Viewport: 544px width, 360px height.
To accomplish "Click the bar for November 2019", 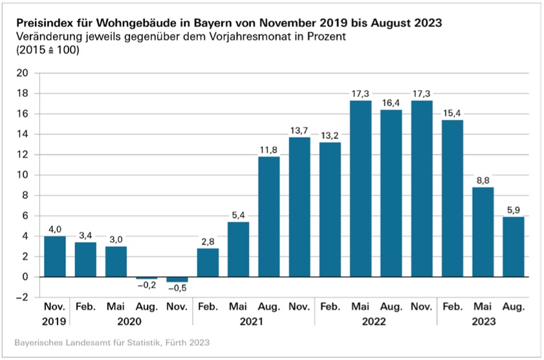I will pos(54,256).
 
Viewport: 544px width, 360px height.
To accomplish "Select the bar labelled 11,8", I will pos(269,217).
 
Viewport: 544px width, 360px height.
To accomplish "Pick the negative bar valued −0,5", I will pos(177,279).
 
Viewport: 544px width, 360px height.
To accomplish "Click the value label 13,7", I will pos(300,131).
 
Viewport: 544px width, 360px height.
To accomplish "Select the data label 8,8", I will pos(484,180).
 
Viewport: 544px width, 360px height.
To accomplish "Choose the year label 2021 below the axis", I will pos(254,321).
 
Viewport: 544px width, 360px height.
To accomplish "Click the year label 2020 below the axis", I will pos(131,321).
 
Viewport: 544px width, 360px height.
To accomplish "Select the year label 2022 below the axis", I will pos(376,321).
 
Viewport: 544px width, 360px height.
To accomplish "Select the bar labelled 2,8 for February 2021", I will pos(208,262).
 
